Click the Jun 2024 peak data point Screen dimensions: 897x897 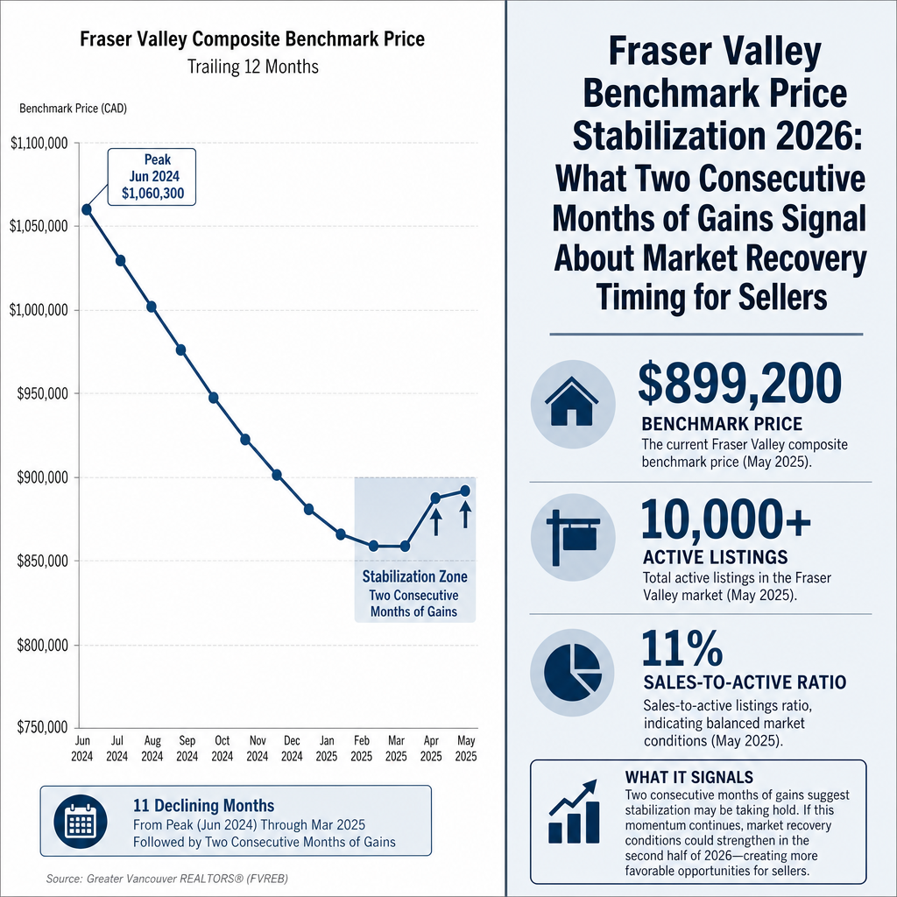coord(87,210)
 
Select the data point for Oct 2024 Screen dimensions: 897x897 coord(214,398)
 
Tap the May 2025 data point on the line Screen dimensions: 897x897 coord(465,491)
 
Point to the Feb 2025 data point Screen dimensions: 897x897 coord(373,547)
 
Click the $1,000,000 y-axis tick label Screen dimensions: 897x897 coord(39,310)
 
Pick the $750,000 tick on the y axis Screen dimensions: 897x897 coord(42,727)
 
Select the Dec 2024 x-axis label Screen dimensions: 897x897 coord(292,748)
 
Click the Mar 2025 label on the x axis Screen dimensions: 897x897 coord(396,748)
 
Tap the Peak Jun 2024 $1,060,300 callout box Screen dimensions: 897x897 coord(152,177)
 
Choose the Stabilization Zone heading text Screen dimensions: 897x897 coord(414,576)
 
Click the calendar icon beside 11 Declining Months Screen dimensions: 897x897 coord(81,822)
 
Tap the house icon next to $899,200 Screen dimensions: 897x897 coord(573,404)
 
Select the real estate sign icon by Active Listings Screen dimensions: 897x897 coord(573,537)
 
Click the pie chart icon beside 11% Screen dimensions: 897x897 coord(573,672)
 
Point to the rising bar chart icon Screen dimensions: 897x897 coord(574,811)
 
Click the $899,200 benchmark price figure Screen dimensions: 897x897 coord(739,384)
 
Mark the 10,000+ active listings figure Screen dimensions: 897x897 coord(725,519)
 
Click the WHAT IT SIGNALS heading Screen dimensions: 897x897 coord(689,777)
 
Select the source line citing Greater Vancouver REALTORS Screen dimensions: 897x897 coord(167,879)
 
